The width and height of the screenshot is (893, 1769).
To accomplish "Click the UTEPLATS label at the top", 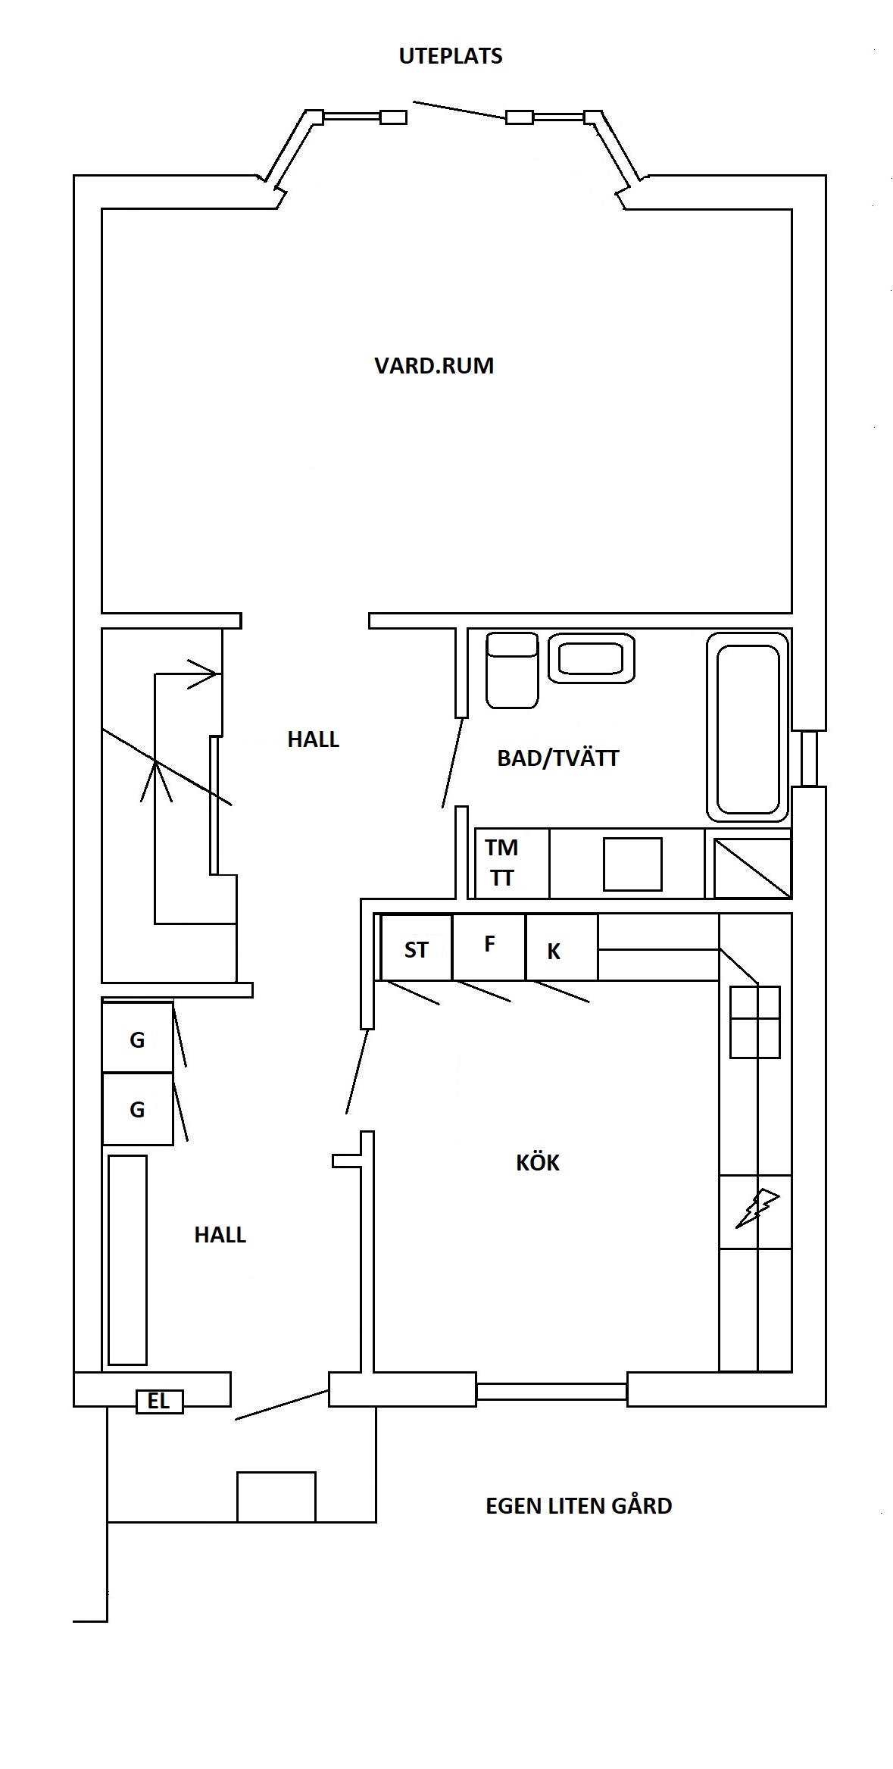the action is click(x=451, y=56).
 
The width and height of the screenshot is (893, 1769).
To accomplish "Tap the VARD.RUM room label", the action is click(x=434, y=365).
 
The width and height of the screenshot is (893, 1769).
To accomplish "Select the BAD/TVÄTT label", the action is click(x=558, y=758).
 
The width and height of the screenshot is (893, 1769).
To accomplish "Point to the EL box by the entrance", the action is click(x=159, y=1402).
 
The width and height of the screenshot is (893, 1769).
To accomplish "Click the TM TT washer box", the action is click(x=511, y=863).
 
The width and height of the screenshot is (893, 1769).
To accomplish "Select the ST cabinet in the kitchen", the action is click(x=416, y=947).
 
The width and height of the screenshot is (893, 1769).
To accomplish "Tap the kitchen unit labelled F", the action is click(x=489, y=947).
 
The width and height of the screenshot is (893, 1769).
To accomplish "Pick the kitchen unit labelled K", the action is click(x=561, y=947).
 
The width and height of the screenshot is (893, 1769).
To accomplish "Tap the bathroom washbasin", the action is click(x=592, y=658).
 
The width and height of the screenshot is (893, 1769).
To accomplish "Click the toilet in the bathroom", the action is click(x=512, y=670).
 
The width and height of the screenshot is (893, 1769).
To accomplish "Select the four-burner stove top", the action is click(x=755, y=1021).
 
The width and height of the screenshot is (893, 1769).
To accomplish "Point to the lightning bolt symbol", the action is click(x=757, y=1208).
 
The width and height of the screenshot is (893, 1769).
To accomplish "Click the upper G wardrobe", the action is click(x=138, y=1037).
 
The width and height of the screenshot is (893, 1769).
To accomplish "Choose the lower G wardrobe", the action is click(x=138, y=1108).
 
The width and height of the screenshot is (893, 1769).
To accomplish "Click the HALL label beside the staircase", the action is click(x=313, y=739).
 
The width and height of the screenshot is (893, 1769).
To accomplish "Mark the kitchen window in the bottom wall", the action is click(x=551, y=1391).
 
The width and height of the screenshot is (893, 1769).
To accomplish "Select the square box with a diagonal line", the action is click(x=748, y=863).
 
